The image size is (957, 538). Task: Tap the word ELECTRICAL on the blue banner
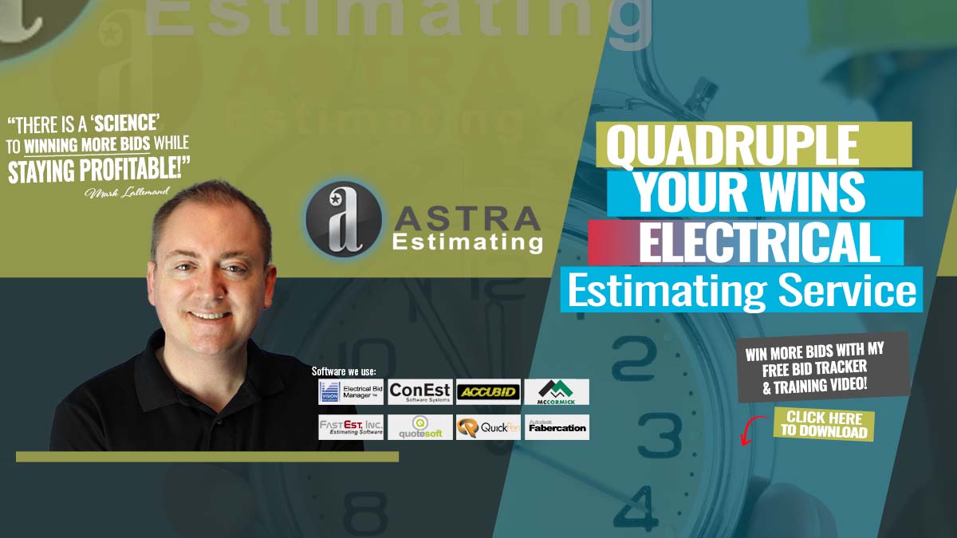click(x=759, y=243)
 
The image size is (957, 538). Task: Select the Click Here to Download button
click(x=824, y=425)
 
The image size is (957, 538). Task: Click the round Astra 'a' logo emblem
click(x=344, y=217)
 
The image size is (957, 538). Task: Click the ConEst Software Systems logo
click(x=420, y=391)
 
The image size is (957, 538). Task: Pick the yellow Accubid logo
click(x=488, y=391)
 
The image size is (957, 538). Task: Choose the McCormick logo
click(x=557, y=391)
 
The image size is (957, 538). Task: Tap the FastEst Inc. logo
click(x=351, y=426)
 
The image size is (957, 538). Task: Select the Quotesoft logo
click(x=420, y=426)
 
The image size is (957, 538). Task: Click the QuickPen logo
click(x=488, y=426)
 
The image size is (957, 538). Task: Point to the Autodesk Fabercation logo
click(x=557, y=426)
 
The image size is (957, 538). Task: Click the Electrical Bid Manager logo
click(x=351, y=391)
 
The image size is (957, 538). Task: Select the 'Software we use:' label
click(x=344, y=371)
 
